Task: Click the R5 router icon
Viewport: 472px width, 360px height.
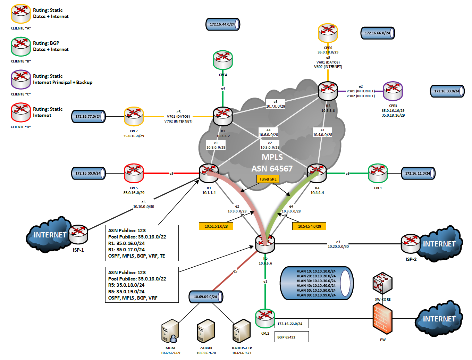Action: coord(265,244)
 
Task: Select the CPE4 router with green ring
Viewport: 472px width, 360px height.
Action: coord(223,60)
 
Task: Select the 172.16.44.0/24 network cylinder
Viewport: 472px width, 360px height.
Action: coord(222,24)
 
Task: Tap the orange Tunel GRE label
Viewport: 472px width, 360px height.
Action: coord(268,179)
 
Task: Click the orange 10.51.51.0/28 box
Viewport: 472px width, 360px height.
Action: coord(216,226)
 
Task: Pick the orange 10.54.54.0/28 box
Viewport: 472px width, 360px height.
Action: coord(309,226)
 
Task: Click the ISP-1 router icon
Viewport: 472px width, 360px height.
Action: coord(78,235)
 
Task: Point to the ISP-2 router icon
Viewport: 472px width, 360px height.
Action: coord(411,244)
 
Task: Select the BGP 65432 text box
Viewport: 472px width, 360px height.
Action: coord(291,337)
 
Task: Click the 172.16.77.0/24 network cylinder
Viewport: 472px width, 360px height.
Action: coord(88,117)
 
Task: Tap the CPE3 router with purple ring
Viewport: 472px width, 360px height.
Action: coord(393,91)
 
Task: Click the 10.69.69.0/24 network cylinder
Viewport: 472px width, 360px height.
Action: coord(206,297)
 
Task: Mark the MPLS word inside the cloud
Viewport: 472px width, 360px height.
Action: coord(272,157)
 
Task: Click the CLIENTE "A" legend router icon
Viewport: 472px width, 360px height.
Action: coord(21,14)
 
